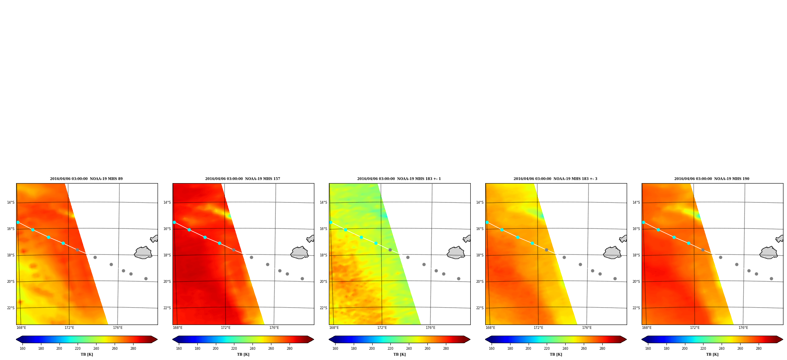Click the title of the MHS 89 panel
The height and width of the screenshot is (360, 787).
click(86, 179)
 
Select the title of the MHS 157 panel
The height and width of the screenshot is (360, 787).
click(243, 179)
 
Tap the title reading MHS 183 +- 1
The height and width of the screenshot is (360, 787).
click(399, 179)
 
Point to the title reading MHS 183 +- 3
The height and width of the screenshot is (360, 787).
click(555, 179)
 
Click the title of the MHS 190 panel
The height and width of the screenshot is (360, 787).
click(712, 179)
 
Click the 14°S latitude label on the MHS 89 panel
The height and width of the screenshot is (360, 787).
click(11, 202)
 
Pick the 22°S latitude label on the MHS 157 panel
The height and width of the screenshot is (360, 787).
click(167, 308)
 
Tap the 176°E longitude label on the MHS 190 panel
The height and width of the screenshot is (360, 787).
click(743, 328)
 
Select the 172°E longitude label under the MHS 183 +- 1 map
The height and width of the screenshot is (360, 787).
click(382, 328)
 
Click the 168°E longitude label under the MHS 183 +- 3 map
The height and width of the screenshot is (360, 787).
click(490, 328)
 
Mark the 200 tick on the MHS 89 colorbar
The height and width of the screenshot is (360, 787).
click(59, 348)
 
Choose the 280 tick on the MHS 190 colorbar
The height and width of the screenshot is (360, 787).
click(759, 348)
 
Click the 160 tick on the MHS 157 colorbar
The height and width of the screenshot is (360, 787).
click(179, 348)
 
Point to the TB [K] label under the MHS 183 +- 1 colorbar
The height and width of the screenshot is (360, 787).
click(399, 354)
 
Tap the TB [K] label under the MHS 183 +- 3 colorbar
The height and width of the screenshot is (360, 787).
click(556, 354)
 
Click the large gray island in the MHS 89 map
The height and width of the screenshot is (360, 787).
click(143, 253)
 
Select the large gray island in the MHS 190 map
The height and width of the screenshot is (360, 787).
click(768, 253)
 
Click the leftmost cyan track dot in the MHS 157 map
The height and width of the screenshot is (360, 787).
click(174, 222)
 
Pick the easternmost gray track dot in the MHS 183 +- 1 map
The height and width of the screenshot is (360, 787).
click(458, 278)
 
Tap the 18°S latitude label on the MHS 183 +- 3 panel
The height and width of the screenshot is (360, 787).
click(480, 255)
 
